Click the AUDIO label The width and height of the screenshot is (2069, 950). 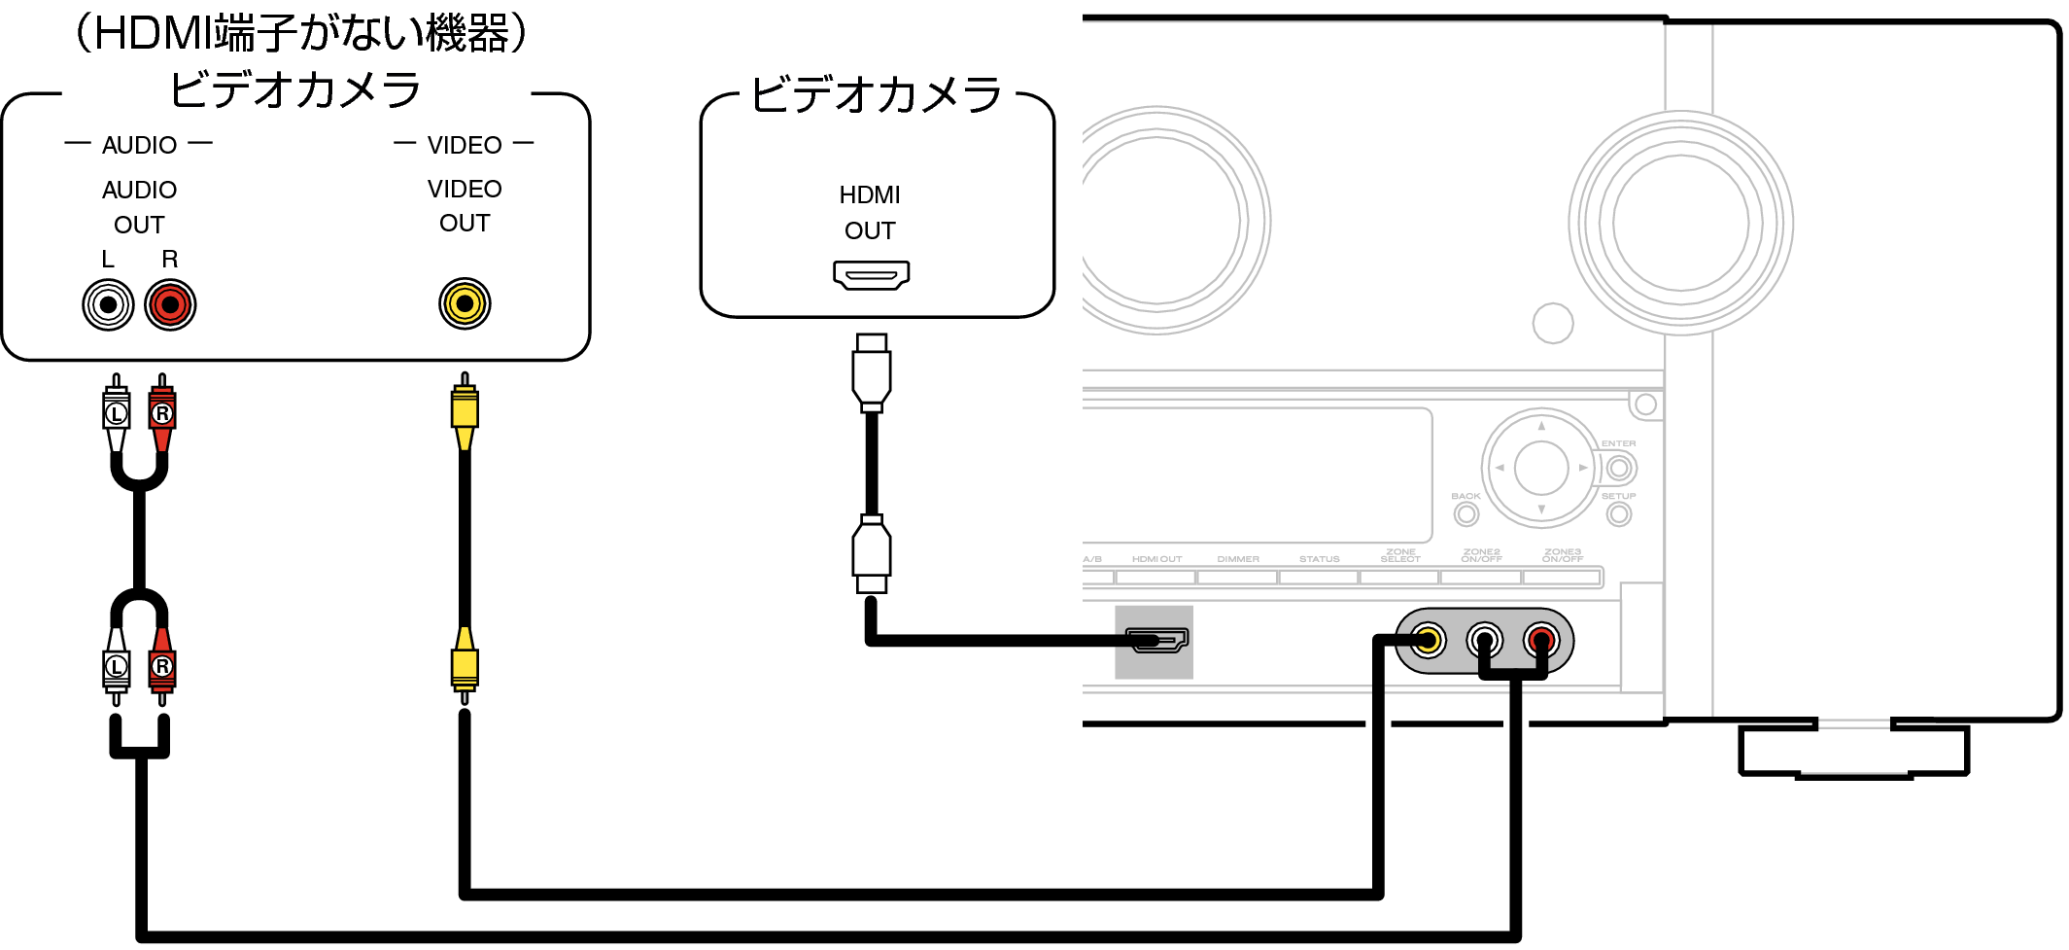pos(139,144)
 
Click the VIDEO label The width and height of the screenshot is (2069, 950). pos(465,145)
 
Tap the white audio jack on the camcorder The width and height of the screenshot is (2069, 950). pos(108,305)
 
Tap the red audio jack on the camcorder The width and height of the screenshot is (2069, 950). pos(170,305)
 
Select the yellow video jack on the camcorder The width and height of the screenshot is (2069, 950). pos(465,304)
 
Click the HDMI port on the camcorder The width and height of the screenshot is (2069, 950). pos(871,275)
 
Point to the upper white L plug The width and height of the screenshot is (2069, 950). pos(117,413)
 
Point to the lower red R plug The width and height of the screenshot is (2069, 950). pos(162,665)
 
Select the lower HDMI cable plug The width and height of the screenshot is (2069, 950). pos(872,552)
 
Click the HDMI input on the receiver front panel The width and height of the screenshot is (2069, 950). pos(1155,640)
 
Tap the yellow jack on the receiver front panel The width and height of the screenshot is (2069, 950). pos(1428,640)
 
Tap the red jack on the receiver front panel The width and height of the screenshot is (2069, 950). pos(1541,640)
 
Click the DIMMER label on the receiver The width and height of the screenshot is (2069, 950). pos(1238,559)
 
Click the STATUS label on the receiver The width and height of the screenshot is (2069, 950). pos(1319,559)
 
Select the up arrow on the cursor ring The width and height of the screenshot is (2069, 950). pos(1541,426)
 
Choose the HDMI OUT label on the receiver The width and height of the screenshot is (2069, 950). pos(1156,559)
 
